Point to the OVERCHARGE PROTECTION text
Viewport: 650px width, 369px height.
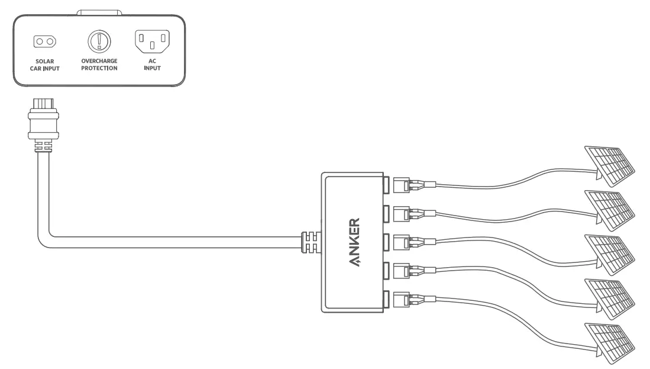(99, 65)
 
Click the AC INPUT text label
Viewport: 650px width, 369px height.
(153, 65)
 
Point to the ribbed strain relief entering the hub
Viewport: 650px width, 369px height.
(311, 243)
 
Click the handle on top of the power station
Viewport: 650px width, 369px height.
(99, 12)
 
